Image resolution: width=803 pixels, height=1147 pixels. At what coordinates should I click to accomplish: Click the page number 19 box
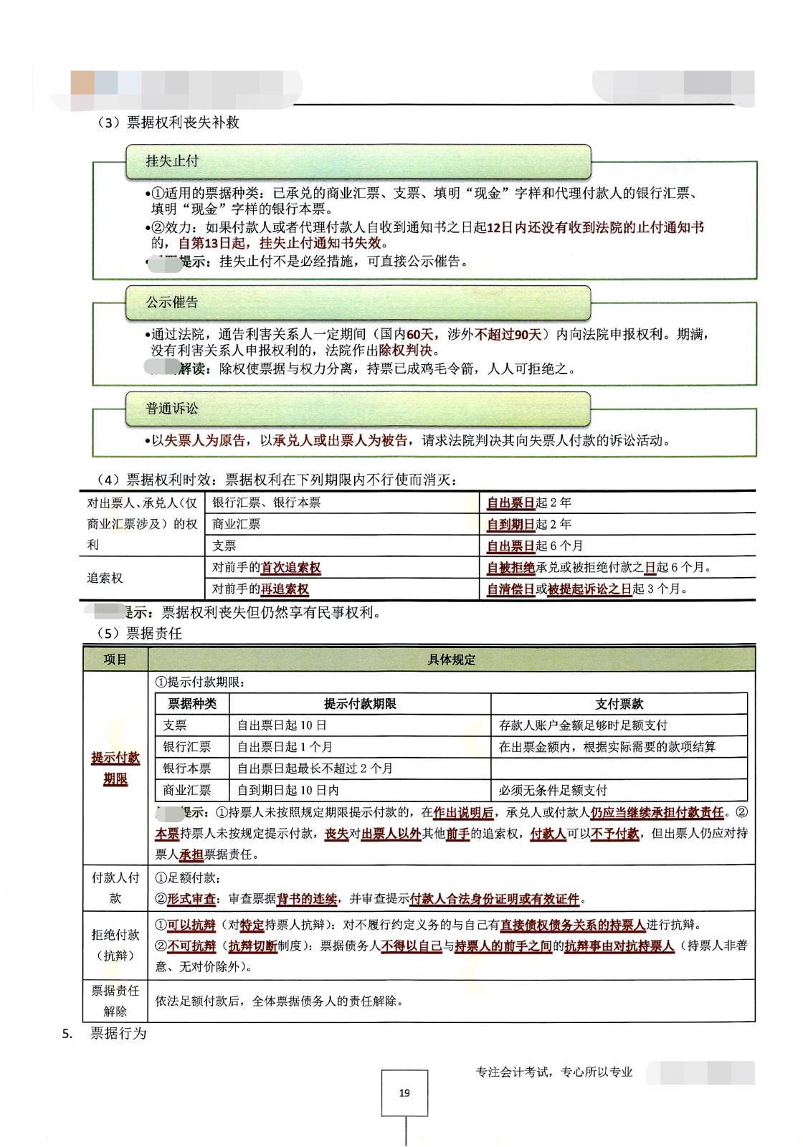[404, 1093]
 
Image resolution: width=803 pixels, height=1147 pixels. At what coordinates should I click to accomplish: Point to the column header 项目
[115, 660]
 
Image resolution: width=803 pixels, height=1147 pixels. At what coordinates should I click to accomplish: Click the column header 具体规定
[451, 660]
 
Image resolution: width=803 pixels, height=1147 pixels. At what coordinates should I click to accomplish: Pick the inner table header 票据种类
[192, 703]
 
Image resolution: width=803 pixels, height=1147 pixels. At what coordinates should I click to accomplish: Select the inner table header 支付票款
[619, 703]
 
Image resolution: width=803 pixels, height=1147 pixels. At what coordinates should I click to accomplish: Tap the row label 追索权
[105, 578]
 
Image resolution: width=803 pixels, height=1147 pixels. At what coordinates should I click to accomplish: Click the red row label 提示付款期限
[115, 768]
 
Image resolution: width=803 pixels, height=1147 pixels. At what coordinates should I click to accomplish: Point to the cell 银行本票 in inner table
[187, 768]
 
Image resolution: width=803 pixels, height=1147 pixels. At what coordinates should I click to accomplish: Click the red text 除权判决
[407, 351]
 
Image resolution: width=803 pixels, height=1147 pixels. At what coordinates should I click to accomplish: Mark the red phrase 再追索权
[285, 589]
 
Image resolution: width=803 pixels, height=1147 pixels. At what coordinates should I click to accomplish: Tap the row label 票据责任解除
[115, 1001]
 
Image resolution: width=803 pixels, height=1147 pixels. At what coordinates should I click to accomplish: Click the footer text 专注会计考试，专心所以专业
[554, 1072]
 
